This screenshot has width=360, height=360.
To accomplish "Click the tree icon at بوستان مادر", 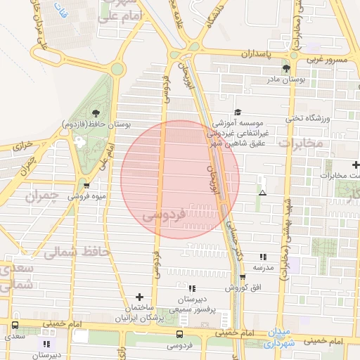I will (x=286, y=68).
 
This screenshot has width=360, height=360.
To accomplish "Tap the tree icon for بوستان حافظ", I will (x=96, y=113).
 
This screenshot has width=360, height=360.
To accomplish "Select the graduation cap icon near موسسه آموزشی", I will (x=238, y=112).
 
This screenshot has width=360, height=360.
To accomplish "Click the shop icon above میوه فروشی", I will (x=86, y=186).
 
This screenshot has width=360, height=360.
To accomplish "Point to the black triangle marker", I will (x=262, y=193).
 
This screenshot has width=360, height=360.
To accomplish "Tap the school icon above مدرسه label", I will (x=263, y=257).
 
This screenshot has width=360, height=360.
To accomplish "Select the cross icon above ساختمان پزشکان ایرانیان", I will (x=139, y=297).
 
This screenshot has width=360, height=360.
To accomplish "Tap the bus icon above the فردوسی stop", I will (x=179, y=334).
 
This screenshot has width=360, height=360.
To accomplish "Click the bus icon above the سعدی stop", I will (x=15, y=326).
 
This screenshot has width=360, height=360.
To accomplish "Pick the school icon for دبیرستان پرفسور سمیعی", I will (x=192, y=288).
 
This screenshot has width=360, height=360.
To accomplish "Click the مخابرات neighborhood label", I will (x=300, y=143).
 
